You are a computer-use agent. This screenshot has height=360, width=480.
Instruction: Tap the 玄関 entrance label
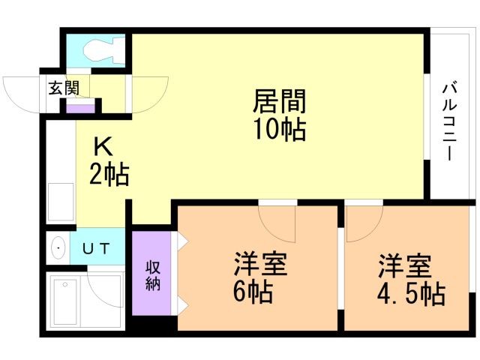tap(64, 87)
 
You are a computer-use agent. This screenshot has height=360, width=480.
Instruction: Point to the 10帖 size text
tap(279, 130)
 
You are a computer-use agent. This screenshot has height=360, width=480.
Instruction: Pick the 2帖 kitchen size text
tap(109, 175)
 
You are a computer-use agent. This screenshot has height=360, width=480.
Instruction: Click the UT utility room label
tap(97, 248)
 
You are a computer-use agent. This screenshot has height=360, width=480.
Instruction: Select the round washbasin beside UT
tap(58, 248)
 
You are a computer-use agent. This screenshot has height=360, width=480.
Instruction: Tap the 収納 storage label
tap(153, 274)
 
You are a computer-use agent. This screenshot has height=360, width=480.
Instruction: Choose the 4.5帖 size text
tap(409, 292)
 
